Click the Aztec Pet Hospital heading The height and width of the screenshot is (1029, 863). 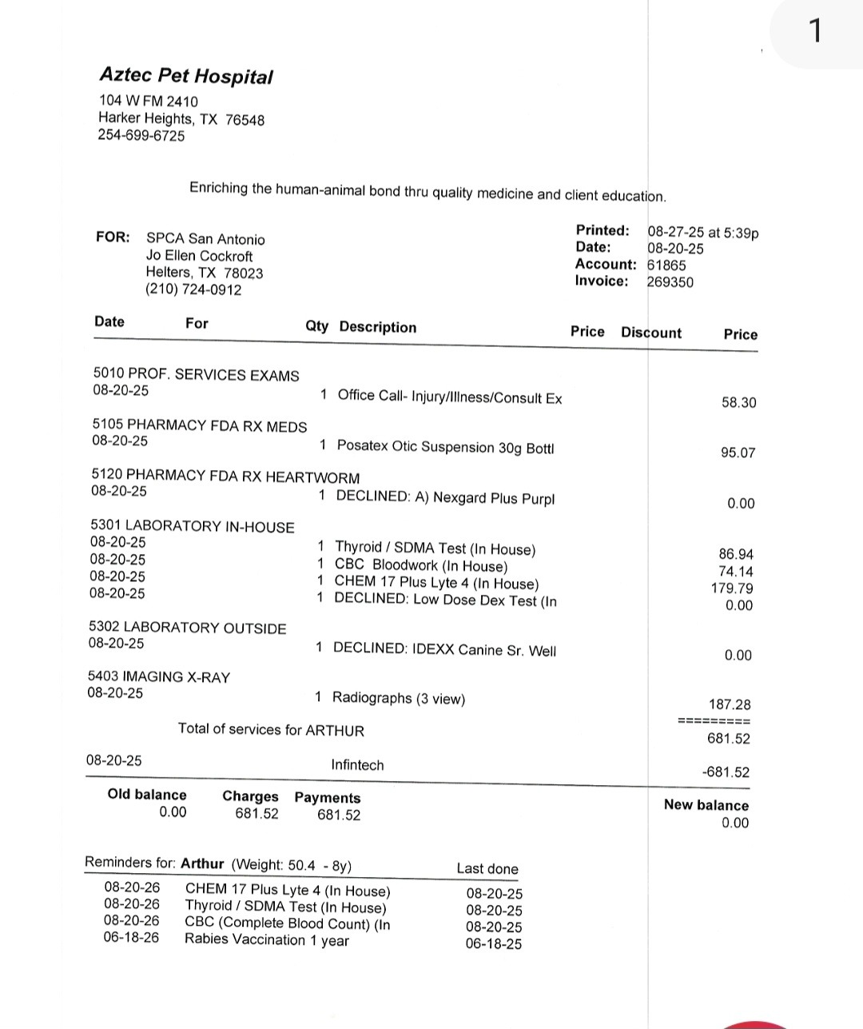185,76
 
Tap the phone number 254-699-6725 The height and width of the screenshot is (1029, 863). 141,136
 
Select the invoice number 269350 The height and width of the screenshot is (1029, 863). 670,281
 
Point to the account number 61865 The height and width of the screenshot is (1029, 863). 666,265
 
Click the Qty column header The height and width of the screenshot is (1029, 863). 316,326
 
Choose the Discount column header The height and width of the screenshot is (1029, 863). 651,333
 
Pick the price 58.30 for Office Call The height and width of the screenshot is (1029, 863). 738,402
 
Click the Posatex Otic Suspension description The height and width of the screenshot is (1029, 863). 445,447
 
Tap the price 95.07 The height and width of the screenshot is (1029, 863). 738,453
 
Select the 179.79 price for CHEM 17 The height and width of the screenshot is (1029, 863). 732,588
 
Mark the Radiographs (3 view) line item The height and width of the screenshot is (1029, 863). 398,698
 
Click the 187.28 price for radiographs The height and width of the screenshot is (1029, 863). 730,704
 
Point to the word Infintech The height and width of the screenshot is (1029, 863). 357,765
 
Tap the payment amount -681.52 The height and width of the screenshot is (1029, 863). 726,772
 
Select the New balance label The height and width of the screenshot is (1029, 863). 706,805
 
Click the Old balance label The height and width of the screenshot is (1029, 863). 147,795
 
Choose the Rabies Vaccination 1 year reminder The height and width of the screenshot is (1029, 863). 267,939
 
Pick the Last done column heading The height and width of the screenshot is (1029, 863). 487,869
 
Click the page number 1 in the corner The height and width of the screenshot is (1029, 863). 814,32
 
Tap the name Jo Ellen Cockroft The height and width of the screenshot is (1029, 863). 199,256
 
